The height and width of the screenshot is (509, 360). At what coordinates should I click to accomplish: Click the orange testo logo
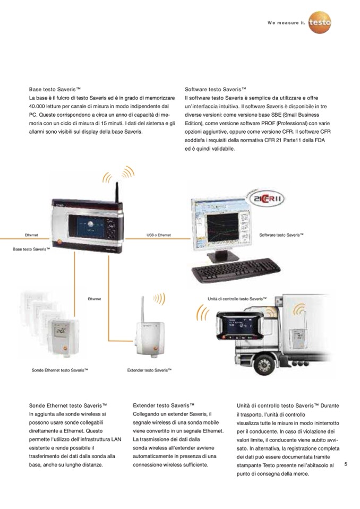coord(319,23)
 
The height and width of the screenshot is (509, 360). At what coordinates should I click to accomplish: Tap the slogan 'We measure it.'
coord(286,23)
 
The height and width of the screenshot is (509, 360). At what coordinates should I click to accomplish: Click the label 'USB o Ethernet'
coord(158,235)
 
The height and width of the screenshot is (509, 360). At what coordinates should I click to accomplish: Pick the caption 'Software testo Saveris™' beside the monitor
coord(281,235)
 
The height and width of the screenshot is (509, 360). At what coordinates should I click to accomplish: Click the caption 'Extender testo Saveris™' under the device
coord(149,370)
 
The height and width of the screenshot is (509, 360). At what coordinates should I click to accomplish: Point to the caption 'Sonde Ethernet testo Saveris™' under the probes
coord(59,370)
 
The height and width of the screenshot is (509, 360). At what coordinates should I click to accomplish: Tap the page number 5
coord(346,464)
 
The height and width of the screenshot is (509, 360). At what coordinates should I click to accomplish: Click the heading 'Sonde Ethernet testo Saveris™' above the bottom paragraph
coord(68,406)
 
